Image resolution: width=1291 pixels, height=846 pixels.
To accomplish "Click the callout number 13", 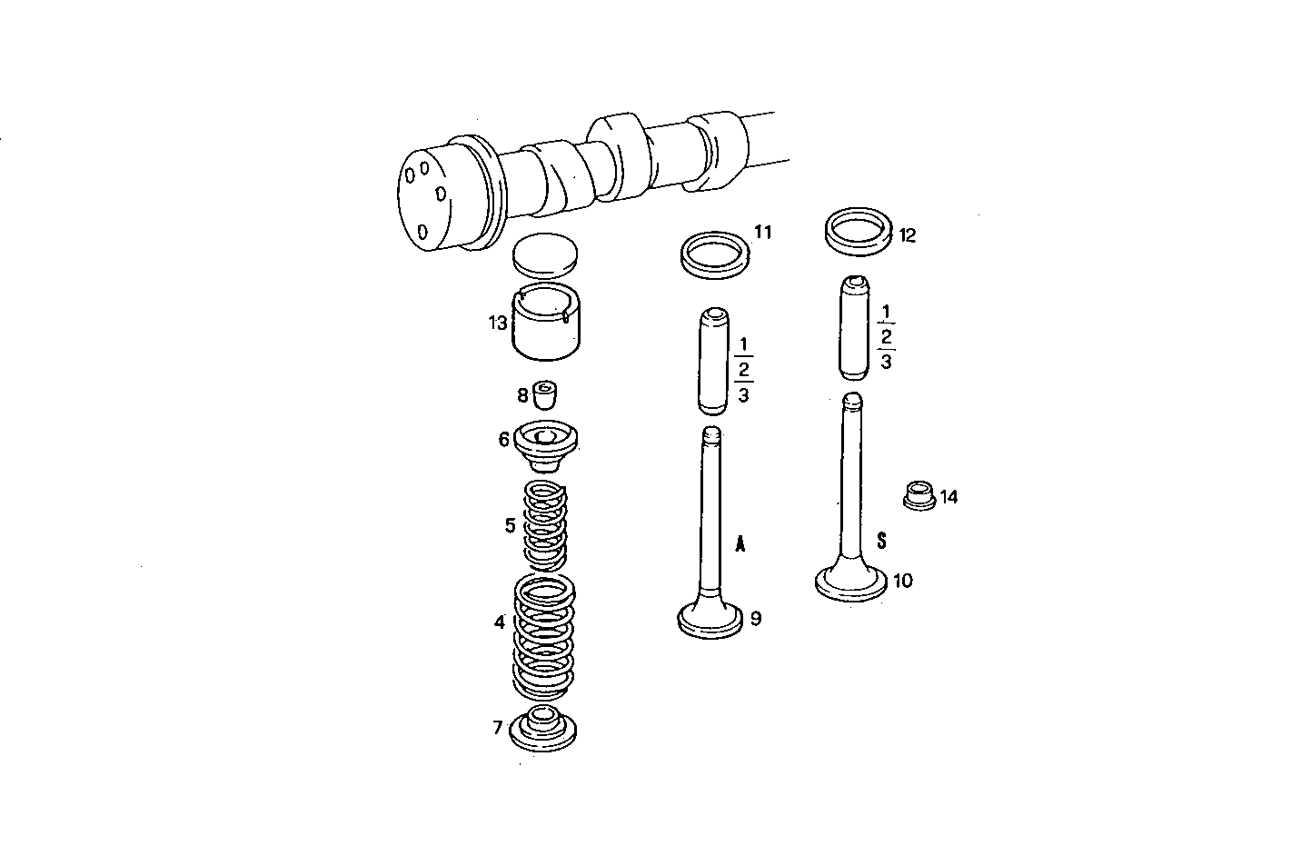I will [497, 322].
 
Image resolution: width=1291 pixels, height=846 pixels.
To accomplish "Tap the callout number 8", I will [522, 394].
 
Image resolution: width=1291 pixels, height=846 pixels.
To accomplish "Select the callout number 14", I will [948, 497].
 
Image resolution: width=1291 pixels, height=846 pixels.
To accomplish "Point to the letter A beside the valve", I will [740, 544].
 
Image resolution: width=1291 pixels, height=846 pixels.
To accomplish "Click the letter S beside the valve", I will [880, 540].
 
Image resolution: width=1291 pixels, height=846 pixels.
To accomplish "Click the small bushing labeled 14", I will [919, 496].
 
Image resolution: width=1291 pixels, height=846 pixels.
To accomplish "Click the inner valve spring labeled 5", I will [547, 524].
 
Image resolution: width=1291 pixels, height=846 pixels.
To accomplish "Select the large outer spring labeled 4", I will [545, 636].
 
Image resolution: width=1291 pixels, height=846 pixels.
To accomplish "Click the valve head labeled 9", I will [710, 622].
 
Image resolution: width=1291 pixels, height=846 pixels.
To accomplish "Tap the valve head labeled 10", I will [850, 582].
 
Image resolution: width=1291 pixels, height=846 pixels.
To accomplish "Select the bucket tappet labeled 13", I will [545, 323].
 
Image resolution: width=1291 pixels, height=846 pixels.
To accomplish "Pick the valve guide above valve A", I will [713, 360].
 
